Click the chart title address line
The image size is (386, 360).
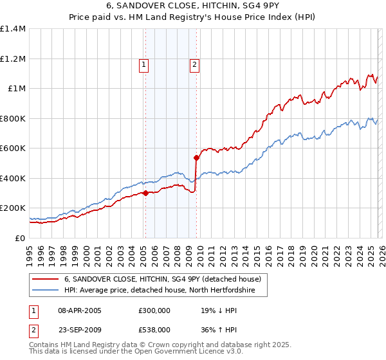pos(193,6)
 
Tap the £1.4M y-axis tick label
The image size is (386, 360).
pos(13,29)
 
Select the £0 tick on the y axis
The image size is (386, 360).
pos(21,238)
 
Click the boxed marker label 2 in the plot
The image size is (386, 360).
pos(194,64)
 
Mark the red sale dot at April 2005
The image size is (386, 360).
pos(145,193)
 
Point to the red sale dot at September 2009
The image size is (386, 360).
pos(196,157)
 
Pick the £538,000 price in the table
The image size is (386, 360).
pos(154,329)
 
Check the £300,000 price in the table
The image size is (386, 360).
pos(154,310)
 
